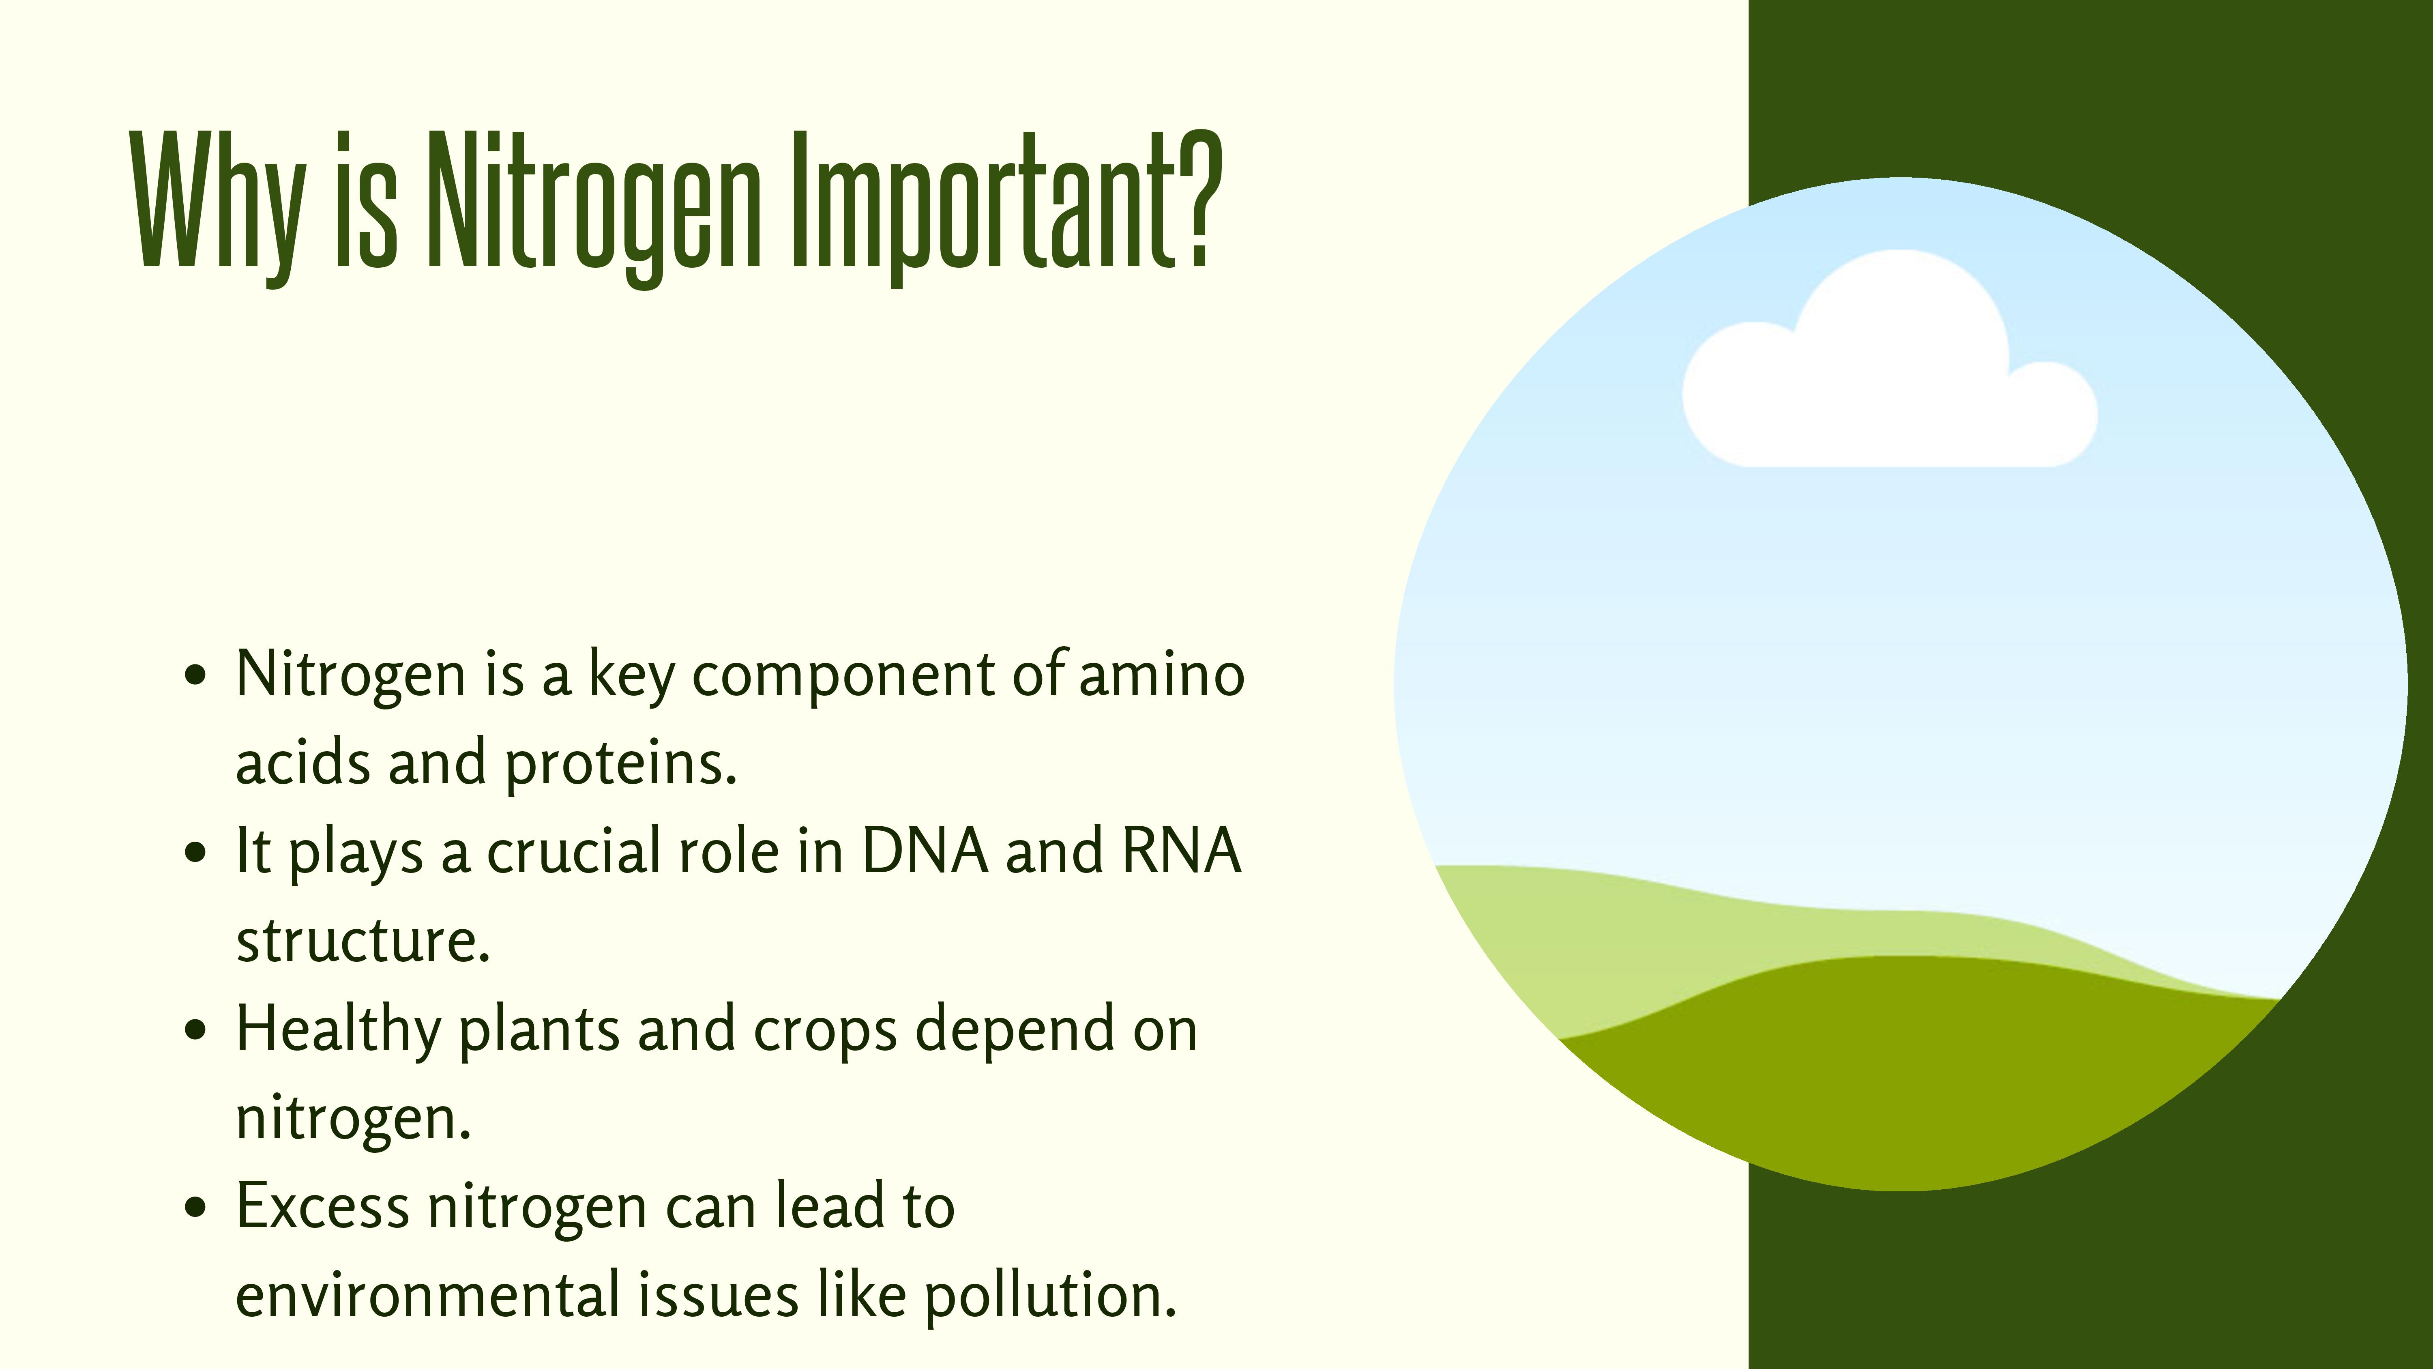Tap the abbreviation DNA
coord(925,850)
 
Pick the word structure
coord(363,940)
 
